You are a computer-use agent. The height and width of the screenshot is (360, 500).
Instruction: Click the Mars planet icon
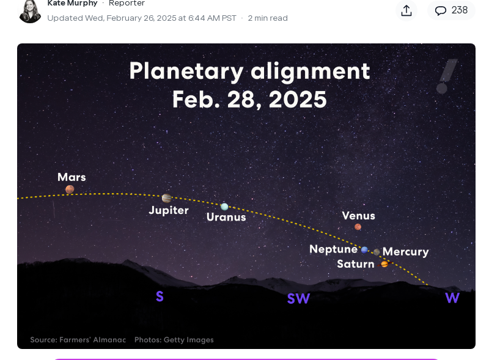pos(70,189)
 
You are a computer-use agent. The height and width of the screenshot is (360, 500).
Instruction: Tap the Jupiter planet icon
pos(166,198)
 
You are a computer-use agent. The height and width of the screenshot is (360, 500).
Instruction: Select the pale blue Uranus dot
pos(224,207)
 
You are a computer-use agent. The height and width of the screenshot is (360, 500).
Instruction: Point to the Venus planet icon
pos(358,227)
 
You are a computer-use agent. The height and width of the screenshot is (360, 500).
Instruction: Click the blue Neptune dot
pos(364,249)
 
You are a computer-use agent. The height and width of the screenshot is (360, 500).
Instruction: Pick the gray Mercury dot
pos(377,252)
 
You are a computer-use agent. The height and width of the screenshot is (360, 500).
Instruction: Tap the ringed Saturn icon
pos(384,264)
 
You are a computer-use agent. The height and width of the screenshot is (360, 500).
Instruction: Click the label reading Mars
pos(72,177)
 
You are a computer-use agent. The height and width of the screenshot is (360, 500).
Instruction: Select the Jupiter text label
pos(169,210)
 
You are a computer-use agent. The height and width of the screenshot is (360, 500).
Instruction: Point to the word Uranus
pos(226,217)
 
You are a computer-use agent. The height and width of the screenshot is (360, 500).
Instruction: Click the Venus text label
pos(358,216)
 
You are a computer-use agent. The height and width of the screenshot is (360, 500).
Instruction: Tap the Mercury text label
pos(406,252)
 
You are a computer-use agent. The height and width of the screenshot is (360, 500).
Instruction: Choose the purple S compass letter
pos(160,296)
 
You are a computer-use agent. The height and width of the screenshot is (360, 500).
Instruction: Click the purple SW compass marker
pos(298,299)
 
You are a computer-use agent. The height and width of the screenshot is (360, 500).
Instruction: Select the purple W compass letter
pos(452,298)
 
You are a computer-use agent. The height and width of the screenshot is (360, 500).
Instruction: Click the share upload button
pos(406,10)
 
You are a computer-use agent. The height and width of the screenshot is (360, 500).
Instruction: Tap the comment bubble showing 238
pos(451,10)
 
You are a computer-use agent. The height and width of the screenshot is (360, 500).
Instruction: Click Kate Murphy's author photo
pos(30,11)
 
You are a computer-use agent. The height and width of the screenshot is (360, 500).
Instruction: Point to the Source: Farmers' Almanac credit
pos(78,340)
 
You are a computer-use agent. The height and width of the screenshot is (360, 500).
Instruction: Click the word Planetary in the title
pos(186,71)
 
